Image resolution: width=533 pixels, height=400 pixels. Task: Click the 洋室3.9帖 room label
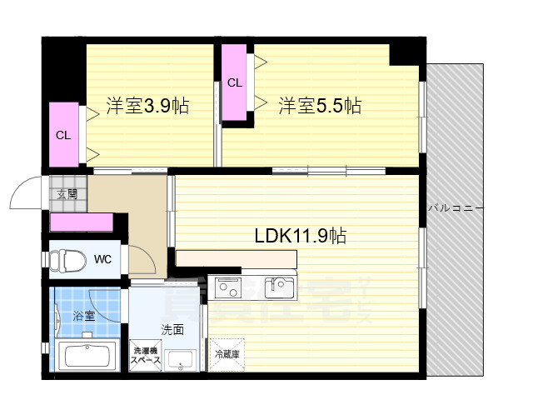147,106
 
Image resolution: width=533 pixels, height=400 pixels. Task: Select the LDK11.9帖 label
301,236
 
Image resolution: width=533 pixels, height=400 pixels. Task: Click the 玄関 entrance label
67,194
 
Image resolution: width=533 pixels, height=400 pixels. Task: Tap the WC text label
102,259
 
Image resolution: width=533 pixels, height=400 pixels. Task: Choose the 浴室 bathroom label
83,316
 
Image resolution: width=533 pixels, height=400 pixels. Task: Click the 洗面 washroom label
172,329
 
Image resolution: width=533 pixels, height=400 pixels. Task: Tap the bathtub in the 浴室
88,356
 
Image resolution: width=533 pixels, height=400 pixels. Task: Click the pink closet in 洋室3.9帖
63,134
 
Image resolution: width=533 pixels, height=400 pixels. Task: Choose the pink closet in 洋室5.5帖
235,83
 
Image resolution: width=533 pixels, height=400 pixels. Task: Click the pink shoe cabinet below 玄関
82,222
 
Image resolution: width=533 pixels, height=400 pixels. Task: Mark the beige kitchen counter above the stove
236,259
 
